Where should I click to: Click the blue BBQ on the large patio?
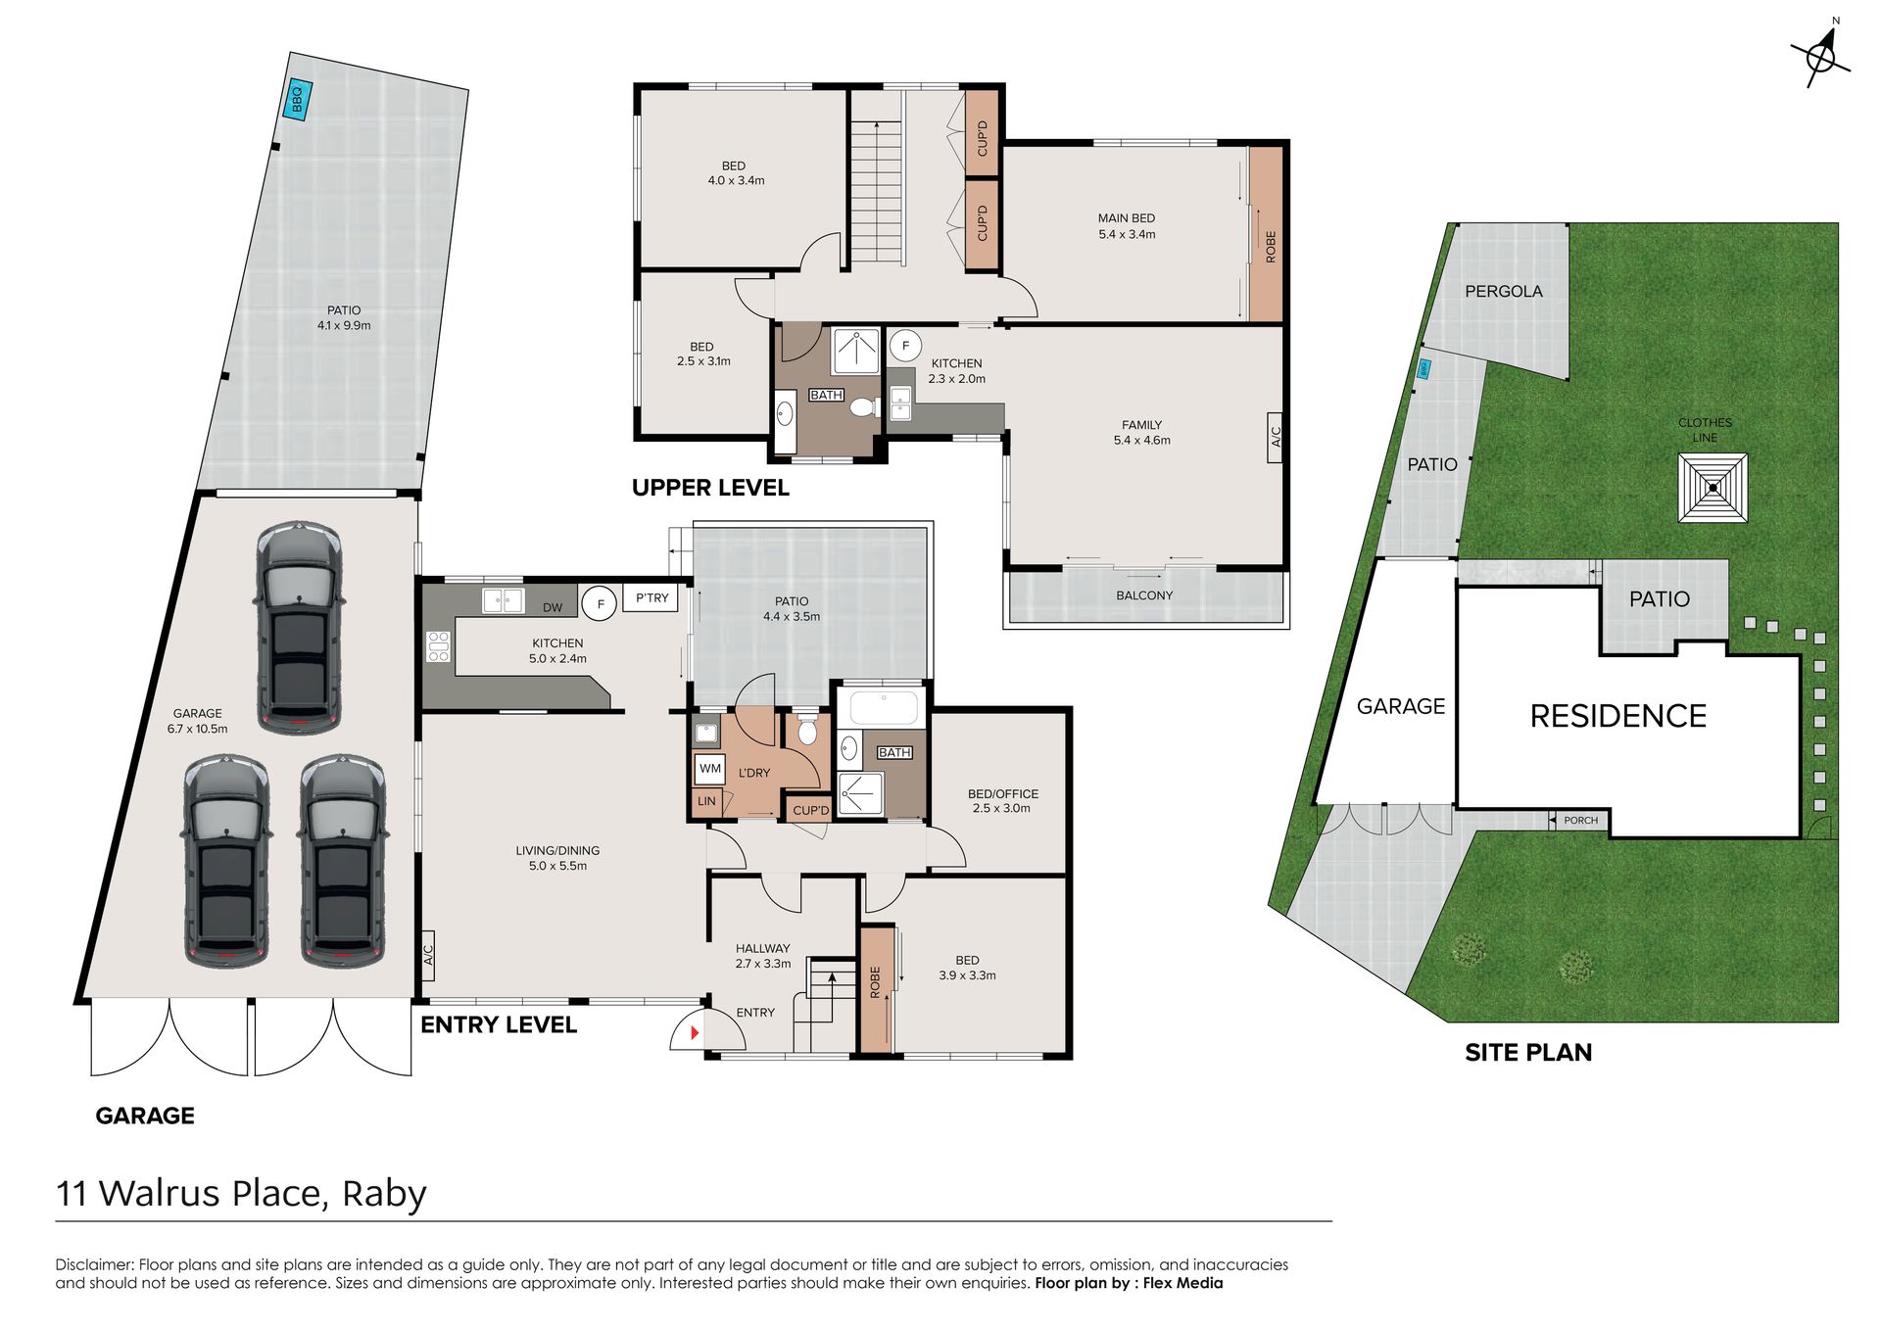[297, 99]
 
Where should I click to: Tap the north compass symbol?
[1821, 55]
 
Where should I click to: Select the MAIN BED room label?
[1127, 218]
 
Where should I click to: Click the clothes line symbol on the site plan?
[1712, 487]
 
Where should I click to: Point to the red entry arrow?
[695, 1032]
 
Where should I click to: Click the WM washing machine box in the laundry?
[710, 769]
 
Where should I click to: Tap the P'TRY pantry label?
[651, 597]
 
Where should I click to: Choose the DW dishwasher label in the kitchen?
[553, 607]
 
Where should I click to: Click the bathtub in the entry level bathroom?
[885, 707]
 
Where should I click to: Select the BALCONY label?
[1144, 595]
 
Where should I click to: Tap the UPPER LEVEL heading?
[710, 488]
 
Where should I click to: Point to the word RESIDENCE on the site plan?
[1618, 716]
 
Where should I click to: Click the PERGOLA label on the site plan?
[1504, 291]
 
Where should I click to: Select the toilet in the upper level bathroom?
[863, 406]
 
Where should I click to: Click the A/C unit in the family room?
[1276, 437]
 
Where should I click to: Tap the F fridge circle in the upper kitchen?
[905, 346]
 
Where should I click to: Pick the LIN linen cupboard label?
[706, 801]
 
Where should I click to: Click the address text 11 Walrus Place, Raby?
[241, 1194]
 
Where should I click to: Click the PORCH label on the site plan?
[1580, 821]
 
